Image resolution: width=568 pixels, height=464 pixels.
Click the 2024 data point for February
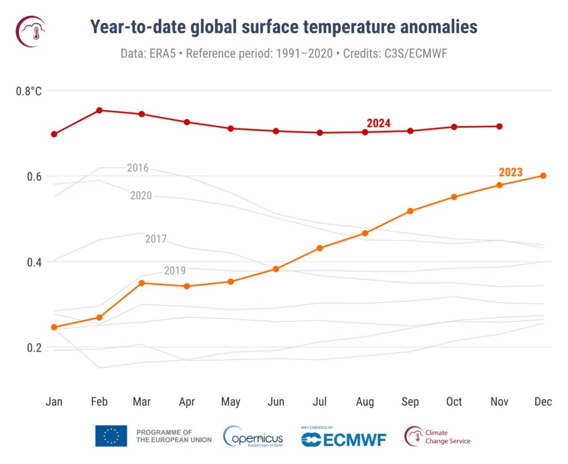99,110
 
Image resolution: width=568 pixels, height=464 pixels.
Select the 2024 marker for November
499,126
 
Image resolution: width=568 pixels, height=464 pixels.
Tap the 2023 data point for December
543,176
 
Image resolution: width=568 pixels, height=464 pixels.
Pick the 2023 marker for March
141,283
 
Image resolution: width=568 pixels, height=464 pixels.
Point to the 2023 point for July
319,248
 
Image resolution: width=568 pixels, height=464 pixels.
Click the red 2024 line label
378,123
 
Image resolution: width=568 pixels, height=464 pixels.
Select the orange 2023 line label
510,172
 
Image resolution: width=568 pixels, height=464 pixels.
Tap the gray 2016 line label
138,168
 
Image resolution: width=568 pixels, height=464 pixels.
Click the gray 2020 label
141,196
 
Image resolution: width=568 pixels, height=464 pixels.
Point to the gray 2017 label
156,240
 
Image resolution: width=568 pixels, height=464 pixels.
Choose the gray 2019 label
175,271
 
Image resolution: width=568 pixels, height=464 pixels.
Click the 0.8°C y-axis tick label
28,91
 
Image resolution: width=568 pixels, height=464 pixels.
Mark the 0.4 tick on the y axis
34,262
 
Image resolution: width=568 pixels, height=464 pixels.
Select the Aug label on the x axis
364,402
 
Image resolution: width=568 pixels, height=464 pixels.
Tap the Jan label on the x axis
54,402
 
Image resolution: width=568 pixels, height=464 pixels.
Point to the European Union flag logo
111,436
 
